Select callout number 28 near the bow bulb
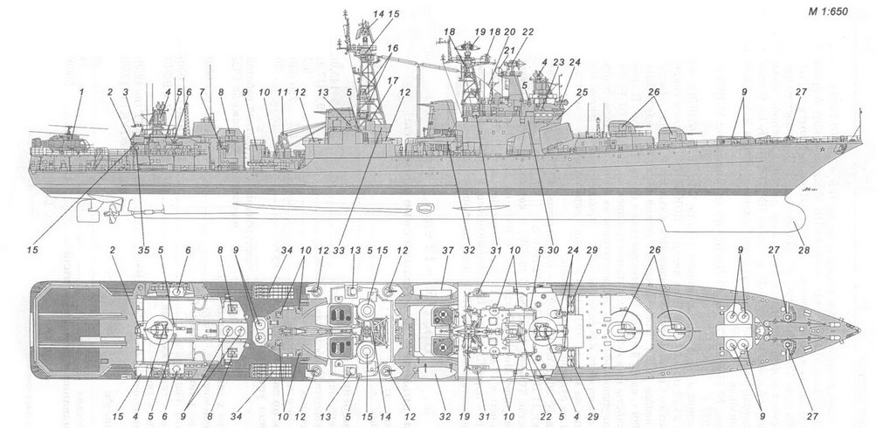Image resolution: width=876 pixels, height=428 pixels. coord(802,250)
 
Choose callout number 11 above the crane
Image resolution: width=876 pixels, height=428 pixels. coord(282,91)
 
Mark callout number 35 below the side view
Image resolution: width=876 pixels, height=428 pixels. coord(143,250)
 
